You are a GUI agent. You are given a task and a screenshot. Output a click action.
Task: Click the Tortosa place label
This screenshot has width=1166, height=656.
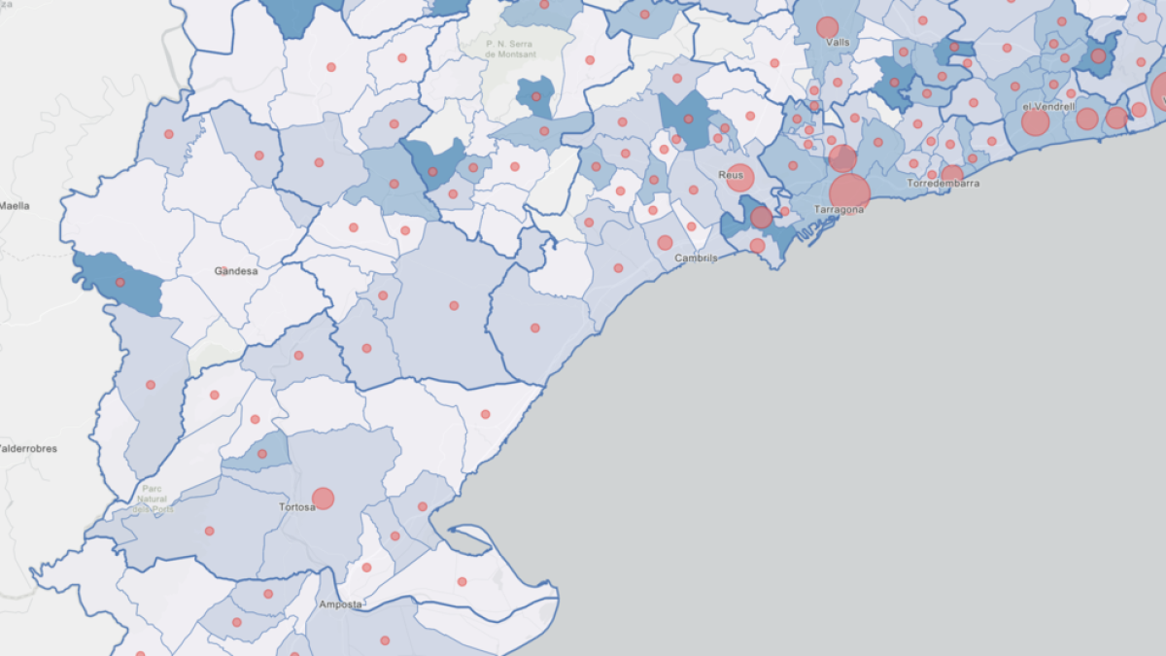tap(296, 506)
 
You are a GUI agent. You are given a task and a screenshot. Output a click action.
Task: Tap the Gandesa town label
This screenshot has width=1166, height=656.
tap(236, 271)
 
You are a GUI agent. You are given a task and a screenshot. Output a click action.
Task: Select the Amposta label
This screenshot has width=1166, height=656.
tap(340, 604)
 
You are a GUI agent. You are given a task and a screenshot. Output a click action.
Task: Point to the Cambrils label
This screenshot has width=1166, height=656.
tap(696, 259)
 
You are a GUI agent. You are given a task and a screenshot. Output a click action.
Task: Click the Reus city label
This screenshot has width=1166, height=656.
tap(730, 175)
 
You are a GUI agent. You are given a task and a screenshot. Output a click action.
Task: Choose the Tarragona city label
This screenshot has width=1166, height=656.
tap(839, 210)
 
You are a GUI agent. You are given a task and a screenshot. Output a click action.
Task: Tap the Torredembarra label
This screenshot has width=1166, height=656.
tap(943, 184)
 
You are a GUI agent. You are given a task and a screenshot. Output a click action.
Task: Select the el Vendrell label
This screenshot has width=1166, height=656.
tap(1048, 107)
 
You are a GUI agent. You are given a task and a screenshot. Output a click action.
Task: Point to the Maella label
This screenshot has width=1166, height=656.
tap(15, 206)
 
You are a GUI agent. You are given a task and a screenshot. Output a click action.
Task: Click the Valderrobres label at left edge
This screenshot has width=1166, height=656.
tap(27, 449)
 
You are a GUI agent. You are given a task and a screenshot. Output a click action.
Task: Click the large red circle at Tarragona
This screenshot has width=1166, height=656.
tap(849, 193)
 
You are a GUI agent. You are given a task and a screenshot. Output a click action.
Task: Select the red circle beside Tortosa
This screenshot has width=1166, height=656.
tap(323, 499)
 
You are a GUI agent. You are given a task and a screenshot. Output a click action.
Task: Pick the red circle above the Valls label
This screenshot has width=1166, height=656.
tap(827, 27)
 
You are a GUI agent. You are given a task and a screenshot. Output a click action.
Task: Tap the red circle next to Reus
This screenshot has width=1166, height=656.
tap(740, 178)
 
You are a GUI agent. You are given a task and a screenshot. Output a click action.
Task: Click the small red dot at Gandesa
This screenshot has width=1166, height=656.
tap(221, 270)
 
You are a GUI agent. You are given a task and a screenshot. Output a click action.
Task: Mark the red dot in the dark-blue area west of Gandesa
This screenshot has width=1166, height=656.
tap(120, 283)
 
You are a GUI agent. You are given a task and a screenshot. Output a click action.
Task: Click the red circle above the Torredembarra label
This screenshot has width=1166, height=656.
tap(952, 174)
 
